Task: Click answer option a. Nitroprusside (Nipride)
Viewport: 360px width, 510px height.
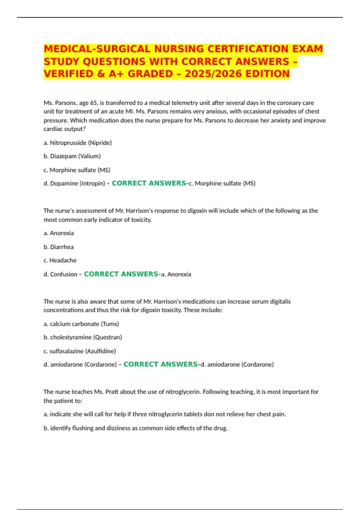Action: [x=78, y=143]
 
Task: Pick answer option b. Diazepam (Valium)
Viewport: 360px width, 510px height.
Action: [x=72, y=156]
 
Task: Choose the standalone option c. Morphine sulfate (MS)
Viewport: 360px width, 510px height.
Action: [x=77, y=170]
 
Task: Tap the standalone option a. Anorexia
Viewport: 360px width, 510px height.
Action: [x=58, y=233]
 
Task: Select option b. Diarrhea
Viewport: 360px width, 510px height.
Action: [x=58, y=247]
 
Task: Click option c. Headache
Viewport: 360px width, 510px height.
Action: [x=60, y=260]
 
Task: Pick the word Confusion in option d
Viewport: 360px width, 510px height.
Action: [x=64, y=274]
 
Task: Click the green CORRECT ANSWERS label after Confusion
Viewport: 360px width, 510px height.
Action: [x=121, y=274]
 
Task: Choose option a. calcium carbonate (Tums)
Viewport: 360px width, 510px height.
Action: [x=81, y=324]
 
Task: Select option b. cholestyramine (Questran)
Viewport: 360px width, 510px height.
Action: [x=83, y=337]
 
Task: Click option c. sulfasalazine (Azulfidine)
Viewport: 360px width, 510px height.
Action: [x=80, y=351]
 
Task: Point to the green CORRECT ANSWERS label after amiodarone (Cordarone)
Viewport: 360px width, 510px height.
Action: [x=160, y=364]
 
